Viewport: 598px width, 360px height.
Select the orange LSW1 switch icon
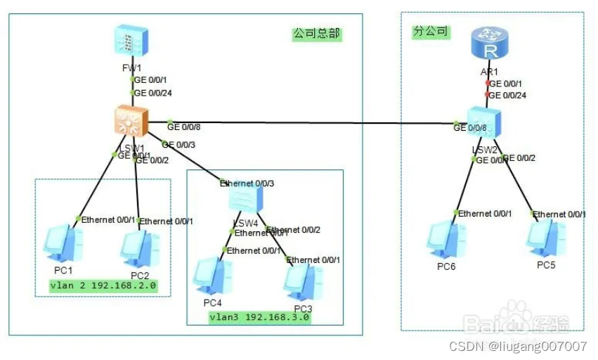pyautogui.click(x=131, y=123)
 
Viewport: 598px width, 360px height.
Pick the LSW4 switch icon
pyautogui.click(x=245, y=203)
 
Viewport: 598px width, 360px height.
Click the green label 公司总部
pyautogui.click(x=316, y=34)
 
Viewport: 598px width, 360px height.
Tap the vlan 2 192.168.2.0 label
pyautogui.click(x=103, y=286)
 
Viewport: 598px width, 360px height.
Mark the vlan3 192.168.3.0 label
pyautogui.click(x=259, y=318)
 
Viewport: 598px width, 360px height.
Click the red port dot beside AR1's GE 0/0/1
pyautogui.click(x=487, y=83)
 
